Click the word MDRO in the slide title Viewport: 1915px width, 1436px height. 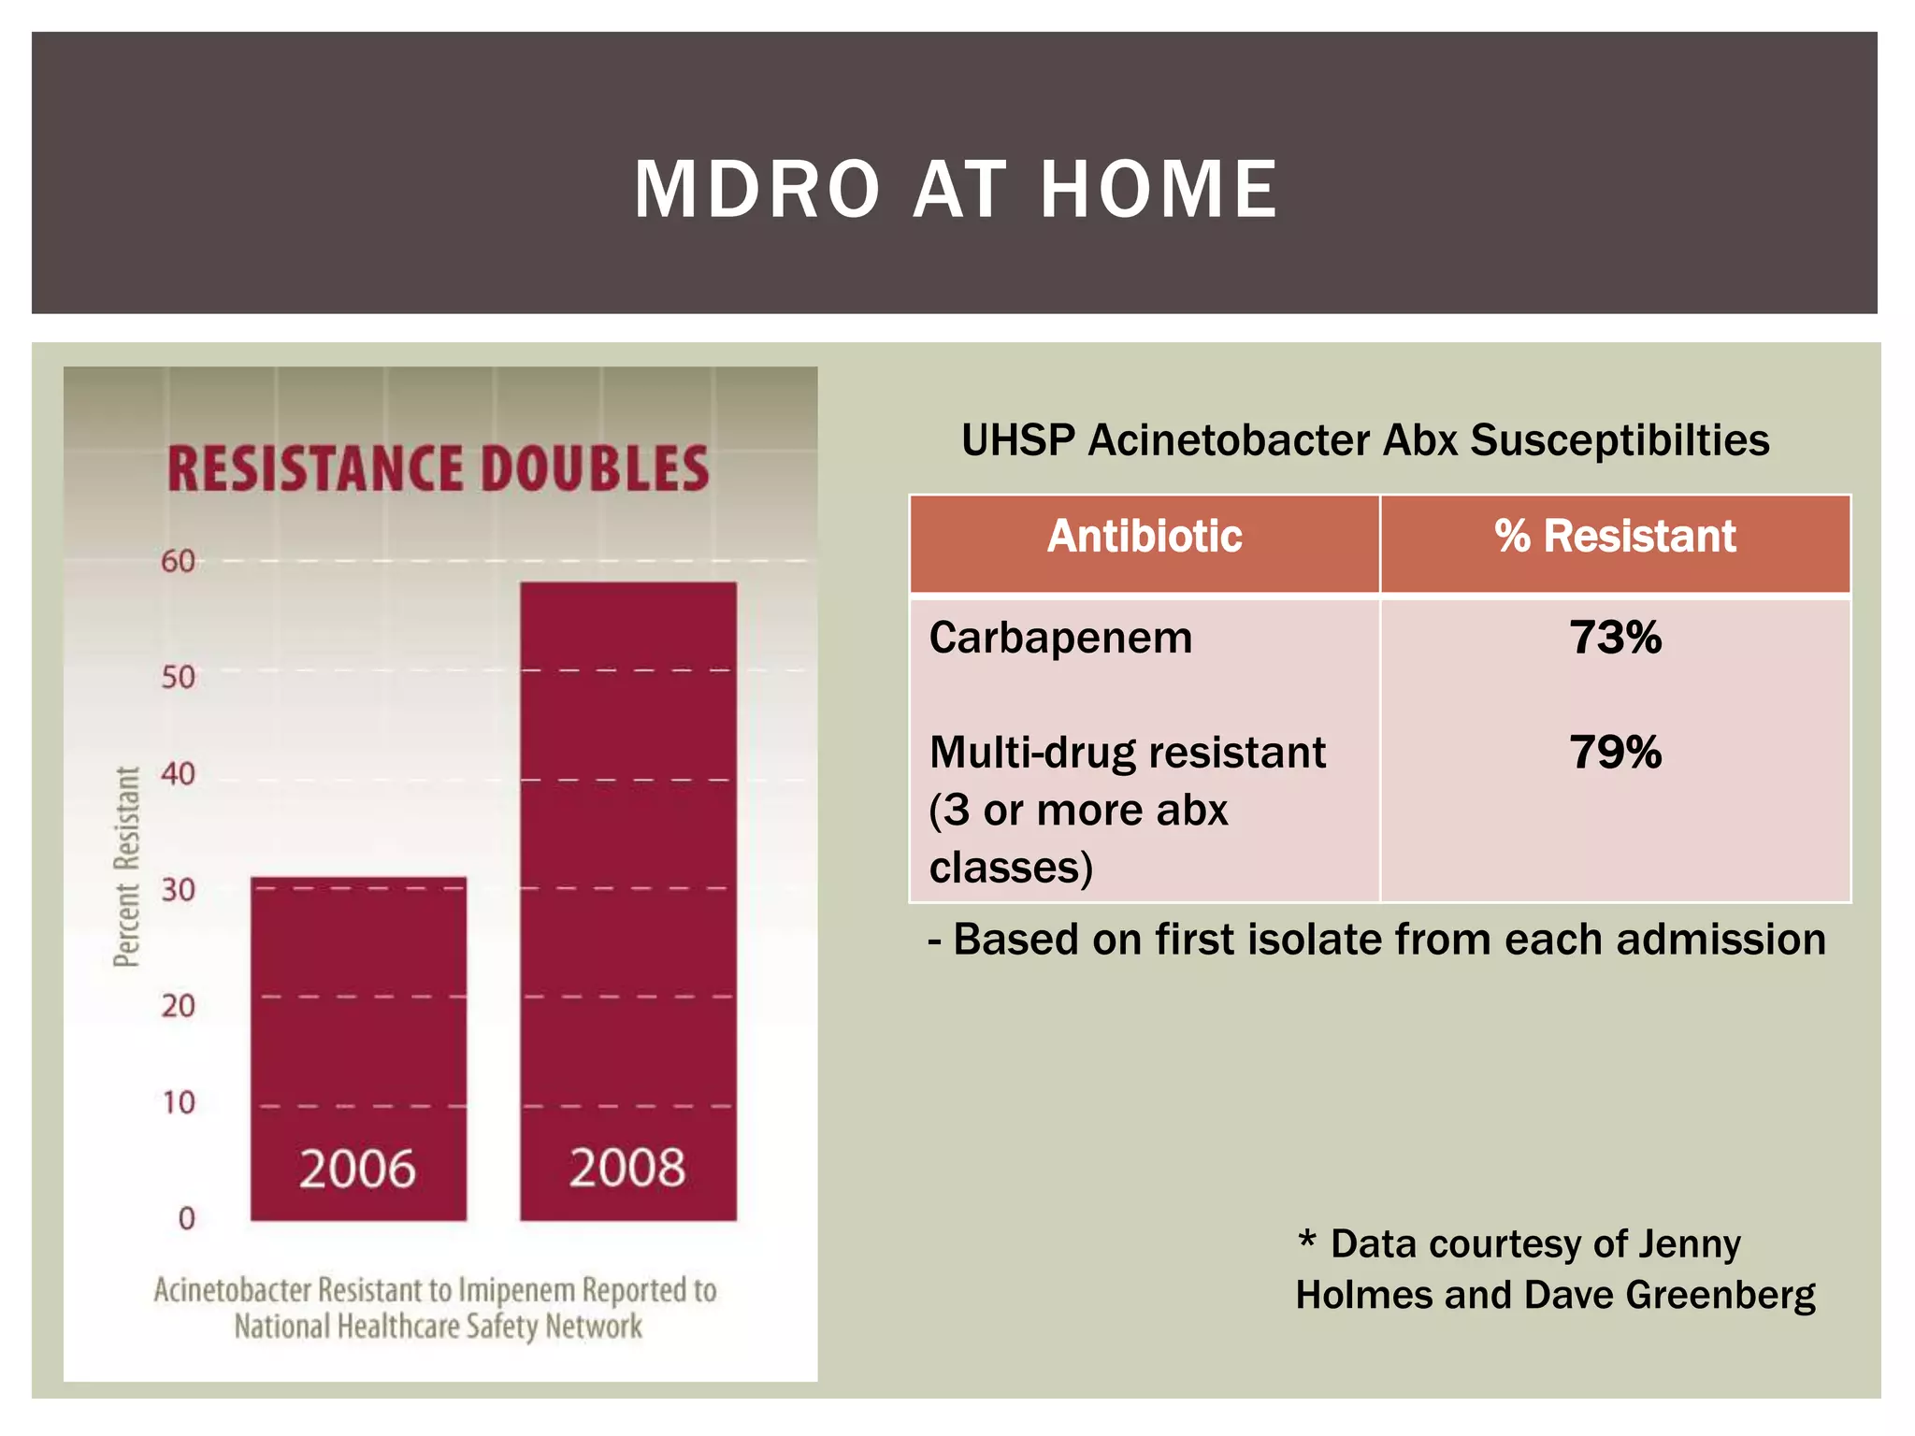click(756, 190)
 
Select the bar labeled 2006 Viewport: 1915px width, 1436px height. click(358, 1047)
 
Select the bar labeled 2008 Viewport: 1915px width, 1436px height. click(628, 897)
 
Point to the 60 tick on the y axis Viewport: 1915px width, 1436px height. click(178, 561)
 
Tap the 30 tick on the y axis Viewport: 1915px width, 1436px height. click(178, 889)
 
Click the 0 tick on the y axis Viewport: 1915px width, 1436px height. click(186, 1218)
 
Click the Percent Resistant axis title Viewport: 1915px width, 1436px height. click(126, 867)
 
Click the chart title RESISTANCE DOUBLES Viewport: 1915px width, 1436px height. click(438, 468)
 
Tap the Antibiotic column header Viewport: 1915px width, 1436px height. click(1144, 537)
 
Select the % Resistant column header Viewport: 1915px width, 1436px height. click(1615, 537)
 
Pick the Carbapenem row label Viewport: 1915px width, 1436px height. click(1060, 639)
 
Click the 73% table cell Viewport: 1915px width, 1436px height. click(1615, 639)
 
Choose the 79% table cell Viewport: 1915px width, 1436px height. click(1615, 753)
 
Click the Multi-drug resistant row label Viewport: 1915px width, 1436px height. click(1127, 754)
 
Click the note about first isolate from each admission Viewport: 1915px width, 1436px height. click(1376, 940)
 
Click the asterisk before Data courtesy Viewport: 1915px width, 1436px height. click(1306, 1241)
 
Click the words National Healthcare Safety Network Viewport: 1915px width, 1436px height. click(438, 1327)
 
